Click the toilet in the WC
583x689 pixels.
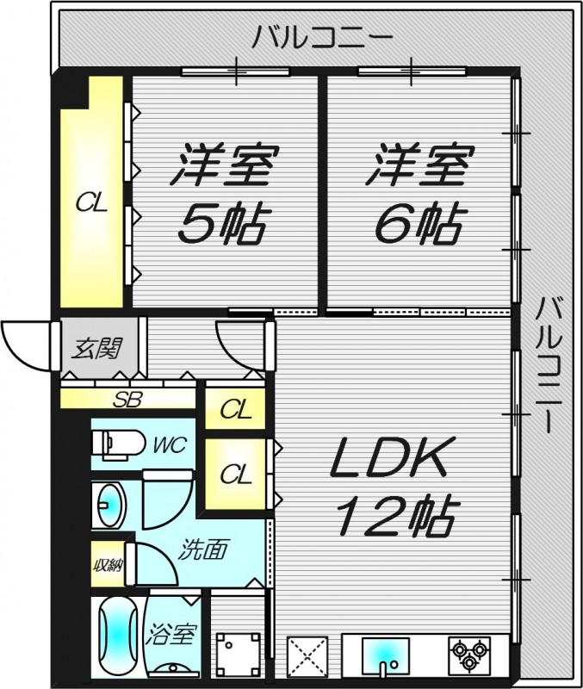click(x=118, y=444)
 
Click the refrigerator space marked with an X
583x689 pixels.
click(x=307, y=655)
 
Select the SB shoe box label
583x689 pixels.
click(x=127, y=400)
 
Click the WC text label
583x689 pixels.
click(x=170, y=444)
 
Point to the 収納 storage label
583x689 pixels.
click(x=108, y=565)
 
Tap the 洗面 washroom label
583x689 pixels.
click(x=202, y=549)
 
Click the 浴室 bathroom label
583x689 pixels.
click(x=170, y=634)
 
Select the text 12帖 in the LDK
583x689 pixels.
click(x=395, y=515)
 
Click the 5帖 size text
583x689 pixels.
click(x=222, y=224)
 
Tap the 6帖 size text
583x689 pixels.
click(x=418, y=224)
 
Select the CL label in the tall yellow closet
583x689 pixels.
click(x=91, y=203)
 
